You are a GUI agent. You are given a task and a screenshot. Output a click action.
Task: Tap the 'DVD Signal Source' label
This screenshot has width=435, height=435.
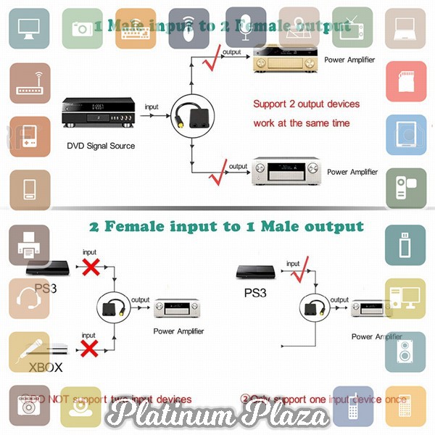[x=101, y=146]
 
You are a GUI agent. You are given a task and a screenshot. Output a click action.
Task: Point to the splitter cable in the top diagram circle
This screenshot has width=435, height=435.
[x=191, y=116]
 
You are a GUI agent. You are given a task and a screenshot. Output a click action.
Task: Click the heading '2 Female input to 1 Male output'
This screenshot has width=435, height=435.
[x=226, y=226]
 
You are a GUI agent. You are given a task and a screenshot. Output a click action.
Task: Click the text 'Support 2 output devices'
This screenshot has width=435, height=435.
[x=306, y=104]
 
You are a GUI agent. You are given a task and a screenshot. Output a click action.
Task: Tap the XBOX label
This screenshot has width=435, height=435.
[x=45, y=368]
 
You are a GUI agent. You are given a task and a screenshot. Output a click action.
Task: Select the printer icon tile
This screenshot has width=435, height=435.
[x=29, y=245]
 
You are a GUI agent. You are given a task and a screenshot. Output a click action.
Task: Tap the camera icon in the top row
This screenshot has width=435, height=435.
[x=81, y=27]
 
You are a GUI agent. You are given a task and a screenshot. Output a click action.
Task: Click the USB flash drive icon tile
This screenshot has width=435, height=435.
[x=405, y=245]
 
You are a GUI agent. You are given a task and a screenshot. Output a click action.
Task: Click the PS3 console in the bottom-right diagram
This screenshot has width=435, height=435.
[x=254, y=273]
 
